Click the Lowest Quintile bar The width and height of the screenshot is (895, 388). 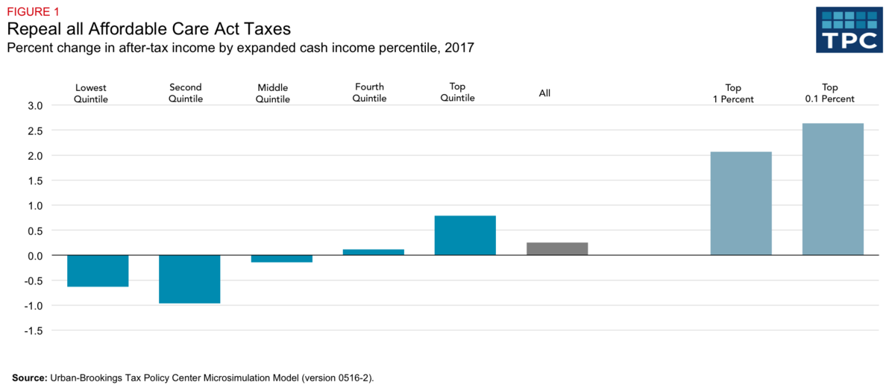coord(98,271)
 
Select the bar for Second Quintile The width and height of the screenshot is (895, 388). coord(189,279)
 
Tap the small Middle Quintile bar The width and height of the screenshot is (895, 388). coord(281,259)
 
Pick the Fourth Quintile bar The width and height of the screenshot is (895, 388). coord(373,252)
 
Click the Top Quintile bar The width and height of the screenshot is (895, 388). coord(465,236)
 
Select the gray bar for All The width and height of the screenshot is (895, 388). coord(556,249)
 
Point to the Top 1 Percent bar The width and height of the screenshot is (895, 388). coord(741,204)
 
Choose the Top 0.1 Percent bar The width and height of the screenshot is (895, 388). coord(832,190)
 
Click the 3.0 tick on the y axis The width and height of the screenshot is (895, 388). coord(35,106)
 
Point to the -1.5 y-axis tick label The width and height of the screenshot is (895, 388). coord(34,331)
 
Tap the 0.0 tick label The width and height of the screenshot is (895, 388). coord(35,256)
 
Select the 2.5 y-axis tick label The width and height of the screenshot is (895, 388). coord(35,131)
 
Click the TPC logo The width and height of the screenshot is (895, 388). coord(849,31)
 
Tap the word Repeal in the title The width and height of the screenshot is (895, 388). coord(34,29)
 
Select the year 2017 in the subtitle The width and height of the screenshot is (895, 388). coord(458,48)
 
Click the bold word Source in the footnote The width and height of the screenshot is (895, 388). coord(29,378)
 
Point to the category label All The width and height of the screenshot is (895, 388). coord(544,93)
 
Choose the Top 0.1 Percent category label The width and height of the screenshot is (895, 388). coord(829,93)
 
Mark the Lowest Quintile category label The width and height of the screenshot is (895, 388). coord(91,93)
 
